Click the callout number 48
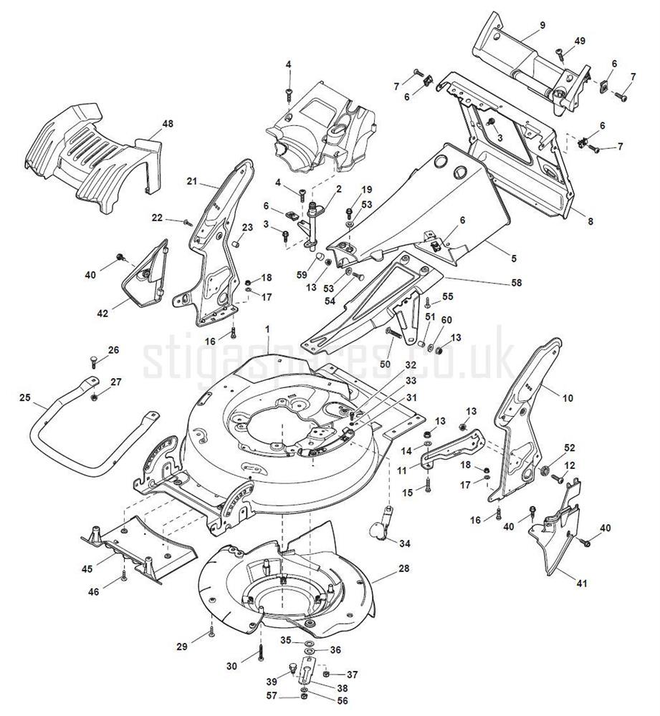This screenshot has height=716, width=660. (168, 125)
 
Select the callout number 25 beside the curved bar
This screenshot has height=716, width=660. (25, 397)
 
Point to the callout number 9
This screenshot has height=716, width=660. (542, 25)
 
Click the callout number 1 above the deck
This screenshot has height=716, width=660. (267, 329)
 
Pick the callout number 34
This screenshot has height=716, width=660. (406, 544)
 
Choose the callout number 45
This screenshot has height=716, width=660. (87, 569)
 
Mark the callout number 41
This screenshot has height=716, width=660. (581, 584)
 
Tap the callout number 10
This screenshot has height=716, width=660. (568, 397)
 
